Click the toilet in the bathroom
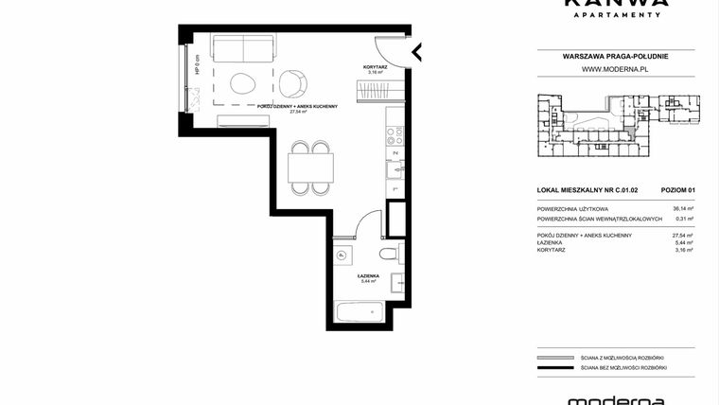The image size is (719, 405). coord(387,256)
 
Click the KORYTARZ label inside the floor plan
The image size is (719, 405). coord(377,67)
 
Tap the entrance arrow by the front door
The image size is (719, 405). coord(416,52)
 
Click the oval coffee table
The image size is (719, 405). coord(242,82)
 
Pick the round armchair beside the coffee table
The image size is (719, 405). coord(294,82)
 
